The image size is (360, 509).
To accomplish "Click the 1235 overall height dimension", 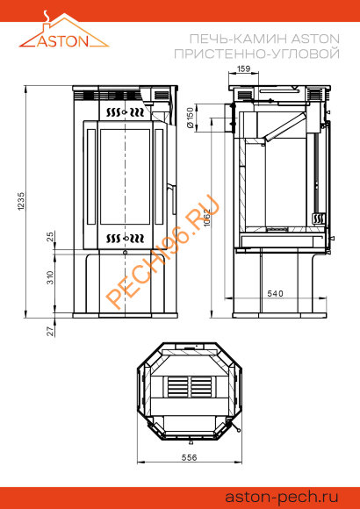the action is point(21,201).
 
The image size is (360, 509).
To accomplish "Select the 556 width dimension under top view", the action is point(189,457).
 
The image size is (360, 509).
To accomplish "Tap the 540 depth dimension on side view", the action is point(275,293).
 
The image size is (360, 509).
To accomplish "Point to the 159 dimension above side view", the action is point(244,68).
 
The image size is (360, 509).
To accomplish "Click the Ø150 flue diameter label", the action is point(191,118).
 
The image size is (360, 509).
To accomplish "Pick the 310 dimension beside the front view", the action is point(51,277).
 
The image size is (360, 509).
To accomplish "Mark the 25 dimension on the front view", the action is point(51,236).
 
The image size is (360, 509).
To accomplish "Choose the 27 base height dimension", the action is point(51,331).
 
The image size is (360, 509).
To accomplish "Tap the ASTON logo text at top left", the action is point(62,41).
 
